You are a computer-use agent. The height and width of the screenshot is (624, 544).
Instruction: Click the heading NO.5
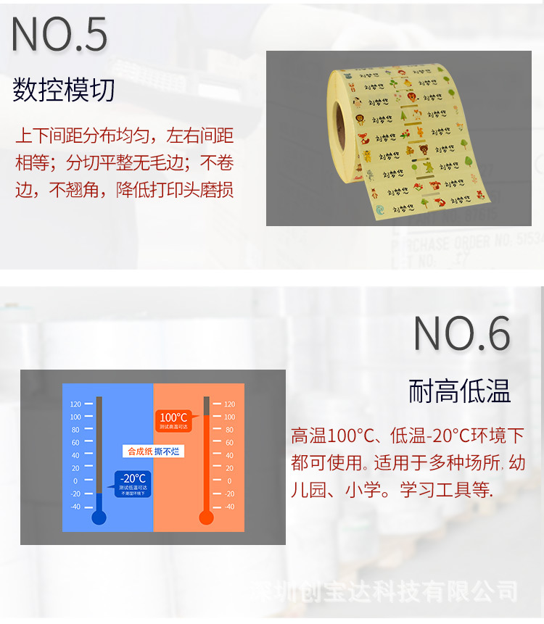point(60,33)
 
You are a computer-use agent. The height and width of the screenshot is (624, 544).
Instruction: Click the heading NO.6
point(462,333)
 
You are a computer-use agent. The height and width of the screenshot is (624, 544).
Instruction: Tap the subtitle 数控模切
point(64,91)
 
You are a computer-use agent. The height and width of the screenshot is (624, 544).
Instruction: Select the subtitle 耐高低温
point(460,391)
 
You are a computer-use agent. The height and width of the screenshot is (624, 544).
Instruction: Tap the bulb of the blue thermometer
point(99,517)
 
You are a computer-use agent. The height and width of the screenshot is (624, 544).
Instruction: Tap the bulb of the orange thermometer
point(206,517)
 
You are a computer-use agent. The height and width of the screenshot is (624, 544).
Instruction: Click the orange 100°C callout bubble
point(173,420)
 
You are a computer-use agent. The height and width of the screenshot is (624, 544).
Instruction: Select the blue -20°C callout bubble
point(133,482)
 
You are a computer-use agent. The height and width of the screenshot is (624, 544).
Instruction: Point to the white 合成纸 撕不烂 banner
point(153,452)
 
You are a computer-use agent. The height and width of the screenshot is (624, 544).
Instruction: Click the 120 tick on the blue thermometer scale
point(75,404)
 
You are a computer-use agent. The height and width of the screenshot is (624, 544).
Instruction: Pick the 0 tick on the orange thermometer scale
point(229,481)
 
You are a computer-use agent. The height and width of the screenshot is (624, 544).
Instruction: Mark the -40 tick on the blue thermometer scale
point(75,507)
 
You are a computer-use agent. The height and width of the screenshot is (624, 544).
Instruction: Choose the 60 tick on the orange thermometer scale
point(229,443)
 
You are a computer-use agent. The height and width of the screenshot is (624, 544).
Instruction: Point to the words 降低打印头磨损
point(174,190)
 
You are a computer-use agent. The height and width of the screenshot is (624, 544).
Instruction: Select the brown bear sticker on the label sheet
point(421,151)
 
